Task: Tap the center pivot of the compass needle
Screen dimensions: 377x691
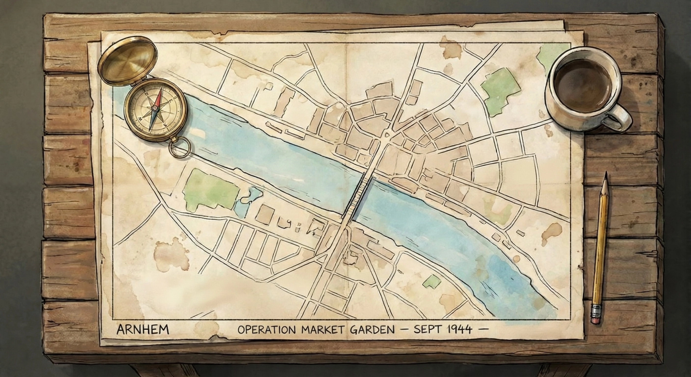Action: pos(155,108)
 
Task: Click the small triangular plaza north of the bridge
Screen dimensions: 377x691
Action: pos(386,134)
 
